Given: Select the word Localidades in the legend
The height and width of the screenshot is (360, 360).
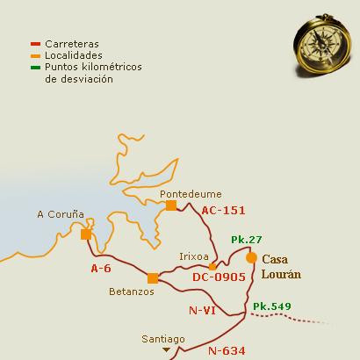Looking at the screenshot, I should point(74,54).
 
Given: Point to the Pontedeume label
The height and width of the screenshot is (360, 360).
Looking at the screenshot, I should point(191,193).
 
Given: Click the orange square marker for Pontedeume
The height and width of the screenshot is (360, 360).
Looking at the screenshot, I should point(171,205).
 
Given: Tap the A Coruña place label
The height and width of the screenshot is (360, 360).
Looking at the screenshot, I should point(60,213).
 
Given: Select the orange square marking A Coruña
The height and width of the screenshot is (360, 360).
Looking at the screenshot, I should point(85,234).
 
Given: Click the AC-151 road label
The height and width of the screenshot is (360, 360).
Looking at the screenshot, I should point(222,211).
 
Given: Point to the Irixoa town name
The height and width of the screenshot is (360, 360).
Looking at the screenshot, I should point(194,256).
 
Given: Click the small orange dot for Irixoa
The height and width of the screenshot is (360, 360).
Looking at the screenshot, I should point(212,266).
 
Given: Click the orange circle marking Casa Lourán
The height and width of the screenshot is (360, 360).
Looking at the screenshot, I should point(251,258).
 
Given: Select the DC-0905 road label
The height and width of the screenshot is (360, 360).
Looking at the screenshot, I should point(219,277).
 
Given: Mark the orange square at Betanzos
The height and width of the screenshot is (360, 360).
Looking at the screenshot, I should point(153,278).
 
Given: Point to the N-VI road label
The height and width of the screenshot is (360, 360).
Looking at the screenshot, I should point(203,310).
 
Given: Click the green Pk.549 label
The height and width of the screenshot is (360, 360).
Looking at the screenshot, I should point(270,306).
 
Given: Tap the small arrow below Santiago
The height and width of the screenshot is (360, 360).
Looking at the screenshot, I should point(165,349).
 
